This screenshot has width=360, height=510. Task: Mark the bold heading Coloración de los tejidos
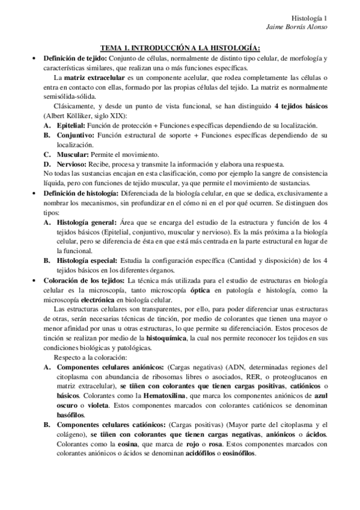click(83, 281)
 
